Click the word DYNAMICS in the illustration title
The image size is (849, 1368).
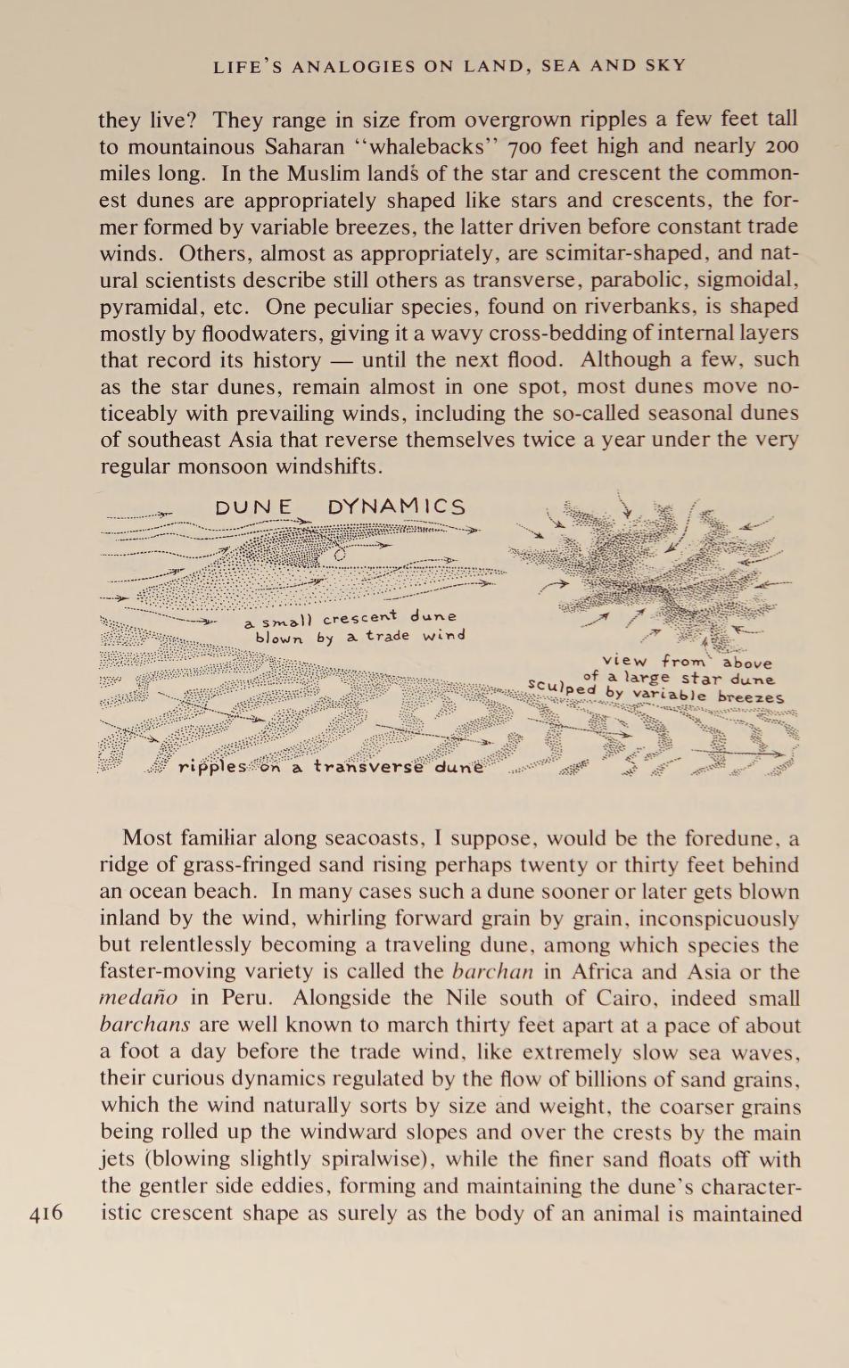pos(397,507)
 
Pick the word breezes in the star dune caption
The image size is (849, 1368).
pos(752,697)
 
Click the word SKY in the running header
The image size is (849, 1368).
pos(667,65)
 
